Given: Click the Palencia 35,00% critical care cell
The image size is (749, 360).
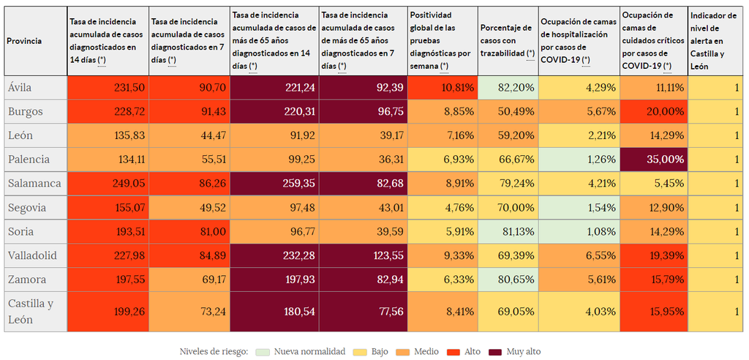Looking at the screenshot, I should tap(653, 160).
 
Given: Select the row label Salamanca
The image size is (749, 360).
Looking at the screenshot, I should tap(35, 184).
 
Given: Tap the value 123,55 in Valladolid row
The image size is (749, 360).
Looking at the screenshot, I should tap(363, 255).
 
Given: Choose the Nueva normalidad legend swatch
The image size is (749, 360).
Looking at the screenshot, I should tap(264, 352).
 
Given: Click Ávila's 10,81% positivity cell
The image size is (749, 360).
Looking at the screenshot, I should tap(442, 88).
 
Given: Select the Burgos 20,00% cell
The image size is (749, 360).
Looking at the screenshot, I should tap(653, 112).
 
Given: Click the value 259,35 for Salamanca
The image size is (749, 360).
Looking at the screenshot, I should tap(274, 184).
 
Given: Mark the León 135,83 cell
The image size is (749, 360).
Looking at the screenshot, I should tap(108, 135).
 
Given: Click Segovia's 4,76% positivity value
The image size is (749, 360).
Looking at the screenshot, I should tap(442, 208).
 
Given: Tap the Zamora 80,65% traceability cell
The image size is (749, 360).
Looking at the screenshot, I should tap(508, 280).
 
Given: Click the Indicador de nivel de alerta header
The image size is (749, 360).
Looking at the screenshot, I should tap(715, 42).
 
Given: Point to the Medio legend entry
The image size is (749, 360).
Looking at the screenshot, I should tap(418, 352).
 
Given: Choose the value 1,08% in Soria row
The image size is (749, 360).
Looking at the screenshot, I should tap(578, 231).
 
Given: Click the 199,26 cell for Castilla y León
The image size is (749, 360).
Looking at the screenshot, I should tap(108, 311).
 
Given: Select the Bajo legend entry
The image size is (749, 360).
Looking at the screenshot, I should tap(372, 352).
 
